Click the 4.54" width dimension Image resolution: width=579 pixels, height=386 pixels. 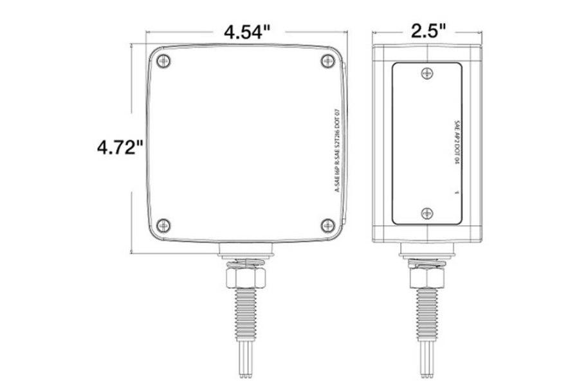pyautogui.click(x=246, y=32)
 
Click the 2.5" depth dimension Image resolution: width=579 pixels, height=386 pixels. pyautogui.click(x=426, y=32)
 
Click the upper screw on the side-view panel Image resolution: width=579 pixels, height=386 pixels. pyautogui.click(x=425, y=74)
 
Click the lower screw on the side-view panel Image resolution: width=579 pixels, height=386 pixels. pyautogui.click(x=425, y=214)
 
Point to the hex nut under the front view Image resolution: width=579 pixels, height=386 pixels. pyautogui.click(x=246, y=277)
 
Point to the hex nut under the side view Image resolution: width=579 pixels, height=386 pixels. pyautogui.click(x=426, y=277)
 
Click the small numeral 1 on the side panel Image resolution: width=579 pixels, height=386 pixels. pyautogui.click(x=455, y=192)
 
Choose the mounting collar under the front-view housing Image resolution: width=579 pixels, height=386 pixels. pyautogui.click(x=246, y=248)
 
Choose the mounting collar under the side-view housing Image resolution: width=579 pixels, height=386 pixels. pyautogui.click(x=426, y=248)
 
